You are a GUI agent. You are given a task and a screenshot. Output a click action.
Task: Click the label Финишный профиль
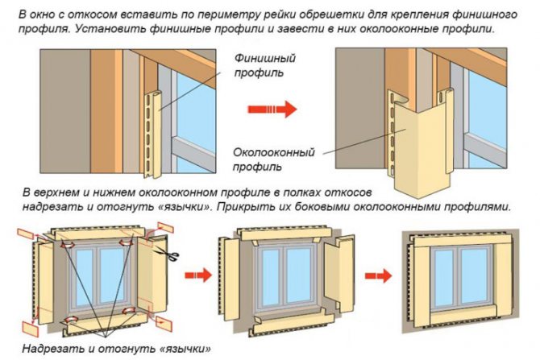click(264, 67)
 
